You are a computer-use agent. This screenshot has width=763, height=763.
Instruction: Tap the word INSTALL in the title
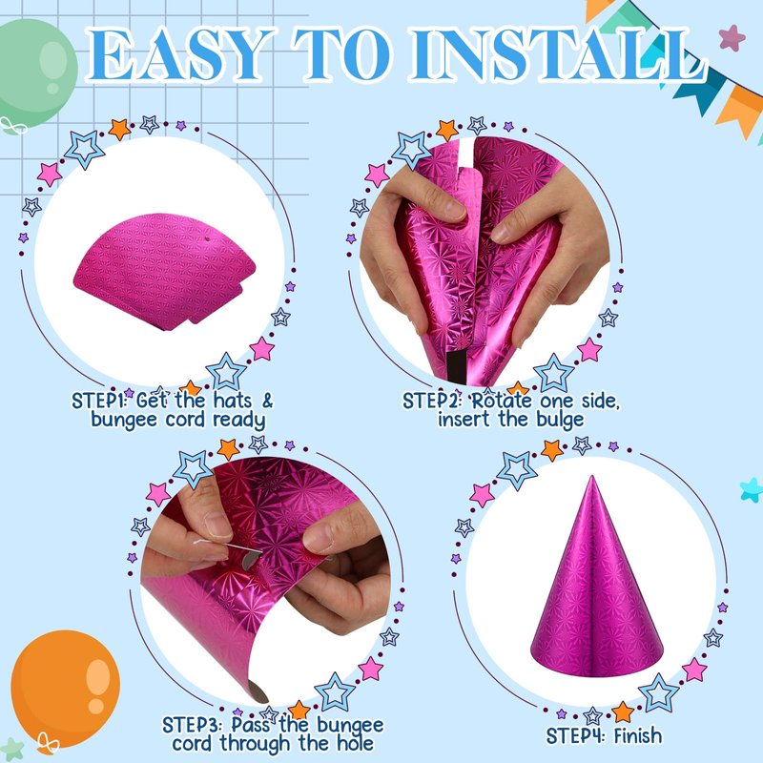(x=558, y=54)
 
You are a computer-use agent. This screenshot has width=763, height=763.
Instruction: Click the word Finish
(x=637, y=735)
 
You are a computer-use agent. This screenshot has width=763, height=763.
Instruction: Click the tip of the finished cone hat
(x=591, y=477)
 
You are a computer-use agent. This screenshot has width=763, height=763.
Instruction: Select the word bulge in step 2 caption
(x=560, y=420)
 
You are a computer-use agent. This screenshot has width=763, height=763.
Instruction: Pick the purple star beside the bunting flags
(x=732, y=38)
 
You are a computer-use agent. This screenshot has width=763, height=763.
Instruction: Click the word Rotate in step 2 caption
(x=503, y=401)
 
